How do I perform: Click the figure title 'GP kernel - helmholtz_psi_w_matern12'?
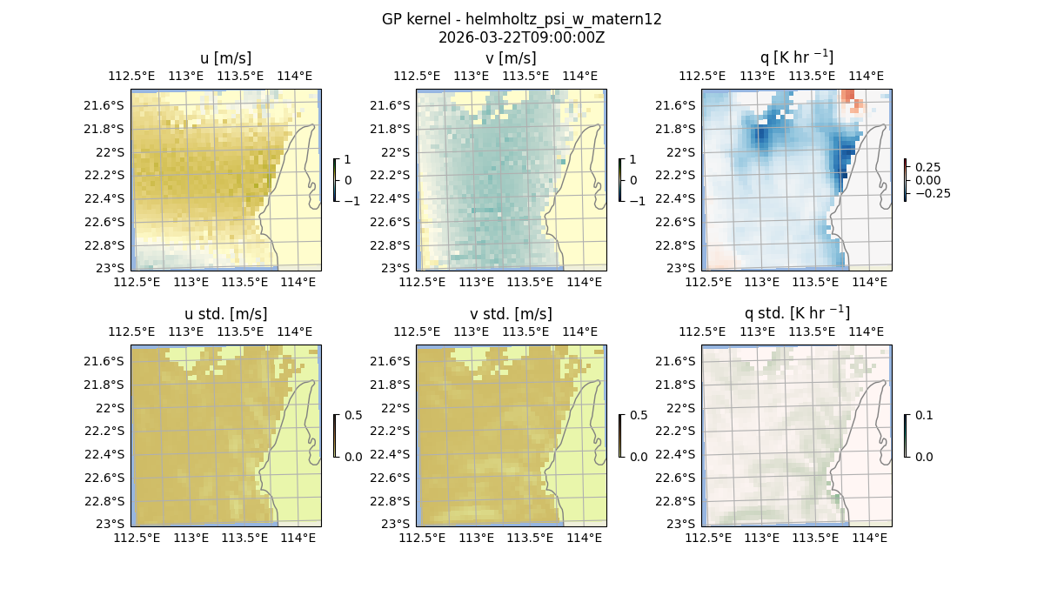coord(521,19)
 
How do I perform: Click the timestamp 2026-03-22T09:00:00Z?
coord(521,37)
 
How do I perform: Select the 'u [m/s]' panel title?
coord(225,58)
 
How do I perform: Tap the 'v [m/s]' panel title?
coord(511,58)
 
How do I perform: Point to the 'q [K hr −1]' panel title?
coord(796,57)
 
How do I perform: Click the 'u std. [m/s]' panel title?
coord(225,314)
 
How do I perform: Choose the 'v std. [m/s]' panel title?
coord(511,314)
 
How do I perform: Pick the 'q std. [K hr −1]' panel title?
coord(796,313)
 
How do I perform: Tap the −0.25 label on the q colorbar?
coord(931,193)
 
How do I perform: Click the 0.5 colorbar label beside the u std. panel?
coord(353,415)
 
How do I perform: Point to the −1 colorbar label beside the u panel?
coord(353,200)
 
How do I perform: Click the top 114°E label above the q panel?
coord(867,76)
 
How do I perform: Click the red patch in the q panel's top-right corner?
coord(856,104)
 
